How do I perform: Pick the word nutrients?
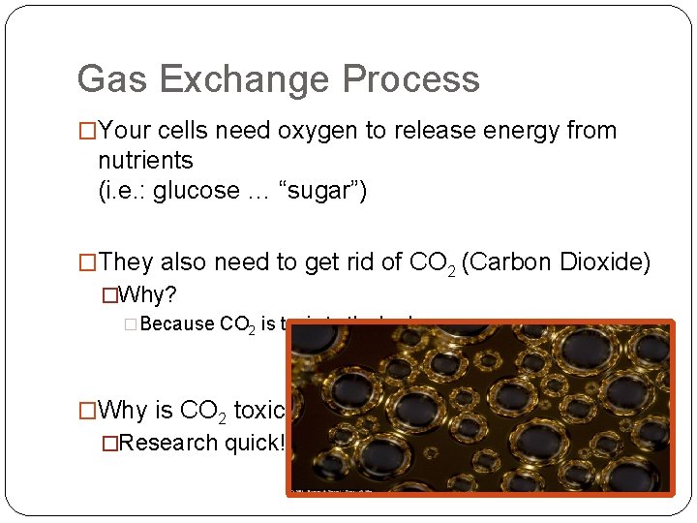[x=145, y=160]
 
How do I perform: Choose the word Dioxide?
[x=607, y=262]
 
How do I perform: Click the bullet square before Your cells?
[x=88, y=131]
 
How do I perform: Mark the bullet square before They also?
[x=88, y=262]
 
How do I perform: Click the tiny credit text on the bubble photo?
[x=334, y=490]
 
